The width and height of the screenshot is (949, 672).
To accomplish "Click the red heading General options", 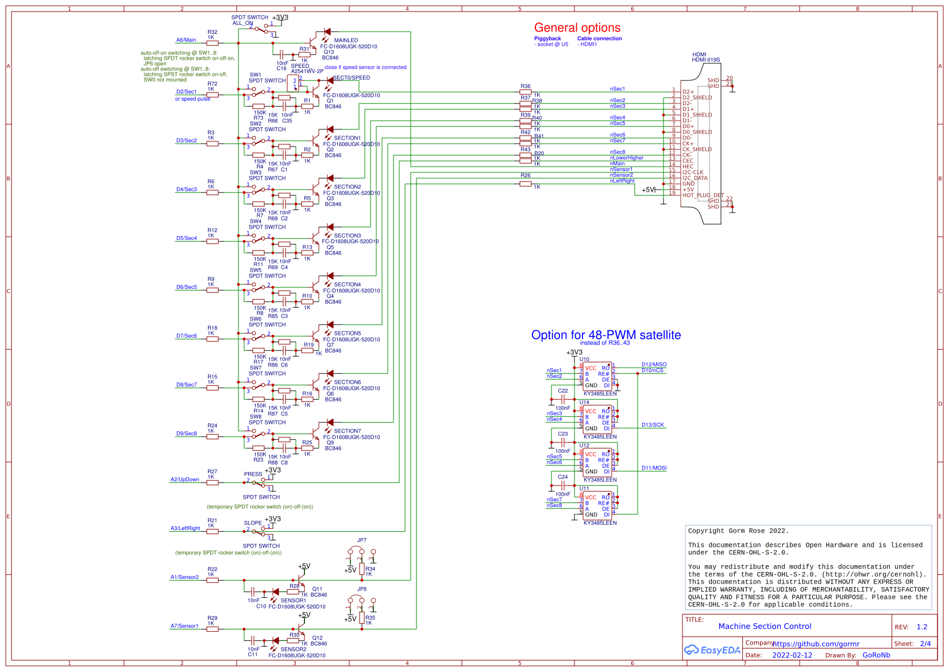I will [577, 28].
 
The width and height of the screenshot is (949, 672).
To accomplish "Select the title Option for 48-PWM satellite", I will [605, 335].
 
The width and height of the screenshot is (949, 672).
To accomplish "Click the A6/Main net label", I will [186, 40].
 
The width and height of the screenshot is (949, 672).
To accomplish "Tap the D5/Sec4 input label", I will [186, 238].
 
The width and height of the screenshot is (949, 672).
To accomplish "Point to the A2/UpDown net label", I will [184, 479].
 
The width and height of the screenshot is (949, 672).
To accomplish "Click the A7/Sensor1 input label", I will [184, 625].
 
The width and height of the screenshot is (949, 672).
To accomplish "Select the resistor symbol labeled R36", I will [525, 92].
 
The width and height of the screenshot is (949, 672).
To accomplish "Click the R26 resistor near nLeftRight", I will [525, 184].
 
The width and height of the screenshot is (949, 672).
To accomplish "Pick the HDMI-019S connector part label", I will [705, 60].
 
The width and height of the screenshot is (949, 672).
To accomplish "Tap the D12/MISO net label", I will [654, 365].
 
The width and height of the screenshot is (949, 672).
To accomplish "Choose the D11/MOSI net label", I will [654, 468].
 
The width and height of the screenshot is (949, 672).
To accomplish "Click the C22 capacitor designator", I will [562, 391].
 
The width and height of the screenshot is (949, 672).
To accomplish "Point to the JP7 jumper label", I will [361, 540].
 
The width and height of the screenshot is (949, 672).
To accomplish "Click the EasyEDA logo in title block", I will [712, 650].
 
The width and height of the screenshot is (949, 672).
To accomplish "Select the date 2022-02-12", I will [792, 655].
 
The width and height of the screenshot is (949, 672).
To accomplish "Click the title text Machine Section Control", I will [764, 626].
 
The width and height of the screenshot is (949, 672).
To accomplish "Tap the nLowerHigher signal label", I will [626, 157].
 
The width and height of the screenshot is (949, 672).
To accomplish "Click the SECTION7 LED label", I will [347, 431].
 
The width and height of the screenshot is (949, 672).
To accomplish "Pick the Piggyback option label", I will [547, 38].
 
